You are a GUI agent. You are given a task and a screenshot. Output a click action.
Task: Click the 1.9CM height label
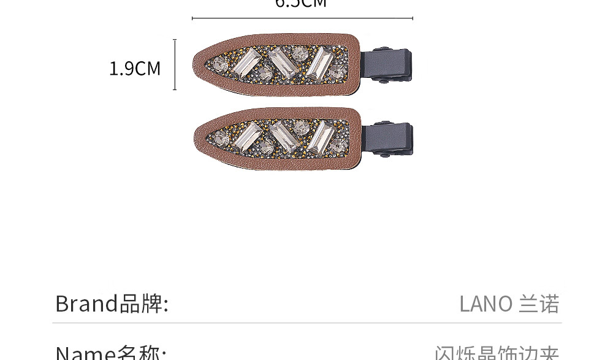click(x=134, y=68)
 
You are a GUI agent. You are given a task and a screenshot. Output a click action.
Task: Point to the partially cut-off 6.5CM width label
click(x=301, y=4)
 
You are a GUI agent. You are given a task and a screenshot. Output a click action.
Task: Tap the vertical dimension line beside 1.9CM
click(x=175, y=64)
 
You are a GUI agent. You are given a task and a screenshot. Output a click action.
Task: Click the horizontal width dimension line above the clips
click(x=302, y=18)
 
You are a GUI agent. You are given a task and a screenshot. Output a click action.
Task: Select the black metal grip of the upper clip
click(x=387, y=64)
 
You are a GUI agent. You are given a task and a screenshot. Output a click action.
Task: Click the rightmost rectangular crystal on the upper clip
click(x=319, y=63)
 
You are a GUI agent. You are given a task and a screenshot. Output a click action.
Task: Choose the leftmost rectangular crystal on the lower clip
click(x=248, y=136)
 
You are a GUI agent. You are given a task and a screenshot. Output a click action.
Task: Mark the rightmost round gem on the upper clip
click(x=336, y=73)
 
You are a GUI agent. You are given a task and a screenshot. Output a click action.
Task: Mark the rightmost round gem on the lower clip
click(x=338, y=146)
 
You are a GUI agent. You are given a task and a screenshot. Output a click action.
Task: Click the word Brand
click(x=86, y=304)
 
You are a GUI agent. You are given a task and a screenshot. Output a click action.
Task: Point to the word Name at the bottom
click(x=85, y=353)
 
